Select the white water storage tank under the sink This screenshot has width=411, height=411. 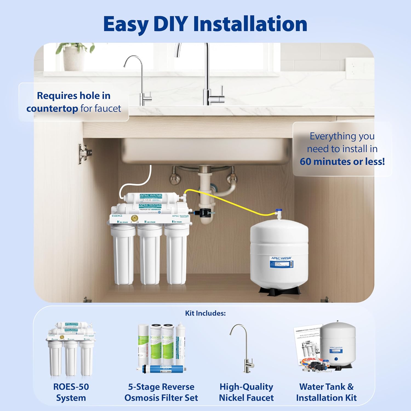279,252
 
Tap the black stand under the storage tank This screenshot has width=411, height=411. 279,290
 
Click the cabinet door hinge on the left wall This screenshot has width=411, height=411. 84,153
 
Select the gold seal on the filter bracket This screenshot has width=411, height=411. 134,218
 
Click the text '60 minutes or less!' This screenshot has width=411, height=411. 342,162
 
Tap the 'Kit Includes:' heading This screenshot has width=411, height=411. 205,313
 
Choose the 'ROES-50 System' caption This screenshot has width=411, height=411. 71,392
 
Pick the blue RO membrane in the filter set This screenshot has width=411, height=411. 162,369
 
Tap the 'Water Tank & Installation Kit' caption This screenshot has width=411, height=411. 326,392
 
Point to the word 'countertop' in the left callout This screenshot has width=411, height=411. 52,109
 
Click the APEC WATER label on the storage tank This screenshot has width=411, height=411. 281,258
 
